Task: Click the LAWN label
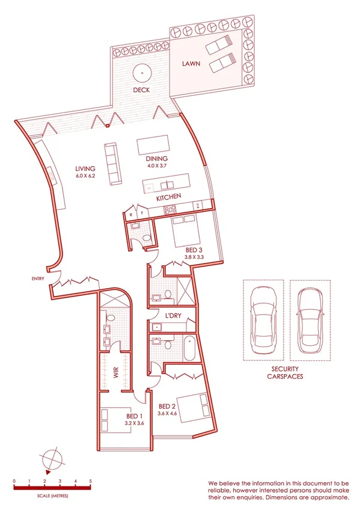pyautogui.click(x=192, y=63)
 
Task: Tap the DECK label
pyautogui.click(x=141, y=90)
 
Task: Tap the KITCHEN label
pyautogui.click(x=168, y=198)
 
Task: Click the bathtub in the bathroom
pyautogui.click(x=189, y=348)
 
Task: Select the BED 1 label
pyautogui.click(x=134, y=416)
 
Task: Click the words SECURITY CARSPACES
pyautogui.click(x=285, y=373)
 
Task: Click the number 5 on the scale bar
pyautogui.click(x=90, y=481)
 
